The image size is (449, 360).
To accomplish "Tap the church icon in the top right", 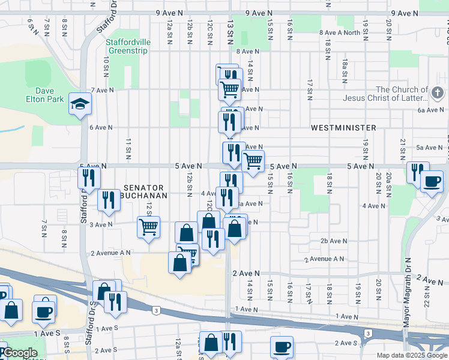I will (x=437, y=93).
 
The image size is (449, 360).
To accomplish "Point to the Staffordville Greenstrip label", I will (x=128, y=47).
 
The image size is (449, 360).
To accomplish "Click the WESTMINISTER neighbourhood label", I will (x=343, y=128).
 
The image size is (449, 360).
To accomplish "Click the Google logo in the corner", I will (x=19, y=353).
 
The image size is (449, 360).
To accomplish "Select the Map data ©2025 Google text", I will (x=412, y=355).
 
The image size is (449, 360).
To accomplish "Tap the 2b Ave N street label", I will (x=334, y=241).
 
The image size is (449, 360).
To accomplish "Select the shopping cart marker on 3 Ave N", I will (x=148, y=227).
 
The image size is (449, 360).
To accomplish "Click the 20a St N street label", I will (x=389, y=180).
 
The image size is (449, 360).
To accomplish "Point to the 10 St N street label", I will (x=106, y=67).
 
